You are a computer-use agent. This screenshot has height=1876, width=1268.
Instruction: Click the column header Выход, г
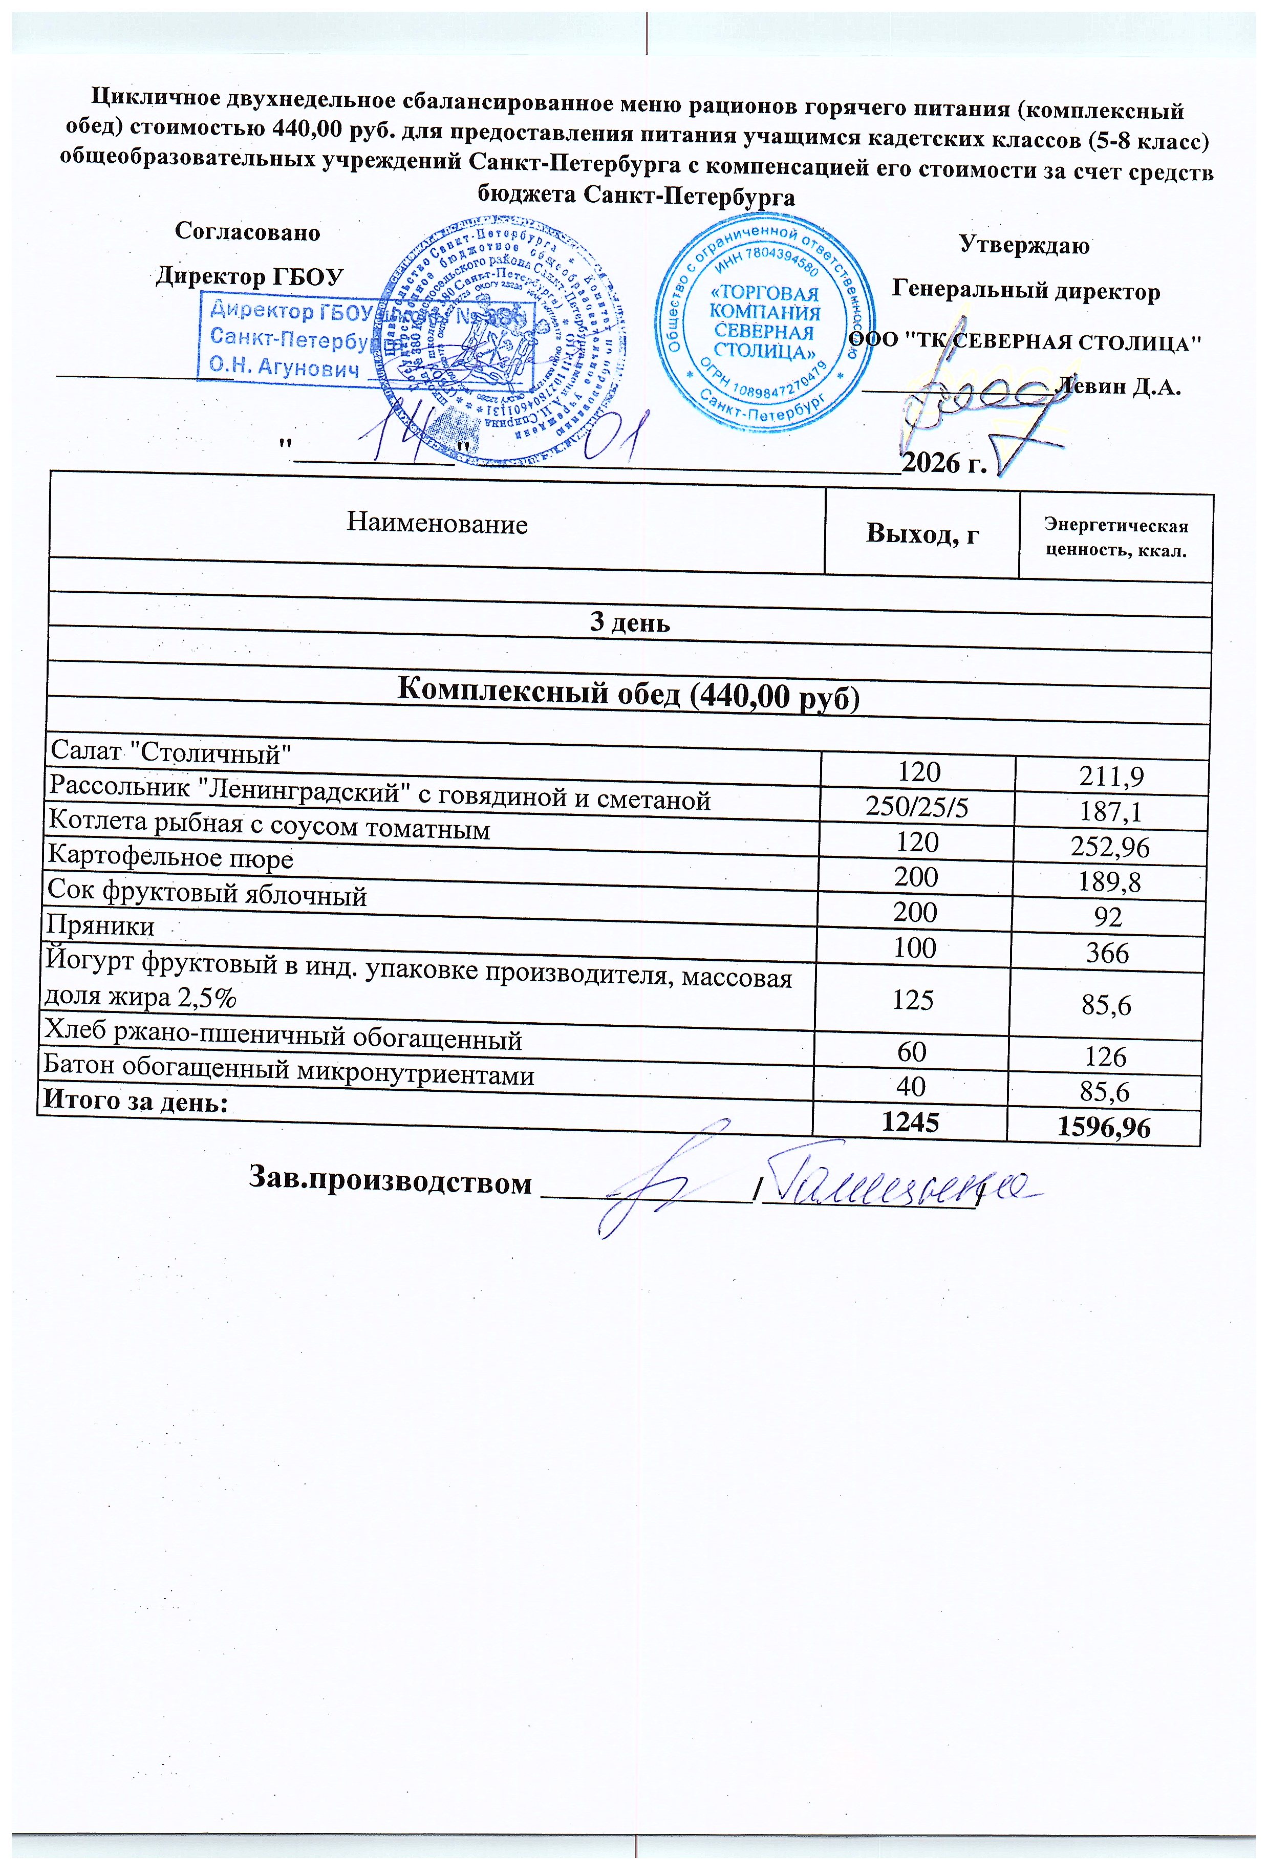pos(922,533)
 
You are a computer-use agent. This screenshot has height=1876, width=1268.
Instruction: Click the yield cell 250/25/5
pos(916,807)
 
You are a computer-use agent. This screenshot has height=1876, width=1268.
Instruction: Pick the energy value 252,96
pos(1110,847)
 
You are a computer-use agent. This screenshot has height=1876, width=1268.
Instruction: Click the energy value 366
pos(1107,953)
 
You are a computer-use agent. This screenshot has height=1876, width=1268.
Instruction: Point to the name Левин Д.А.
pos(1119,386)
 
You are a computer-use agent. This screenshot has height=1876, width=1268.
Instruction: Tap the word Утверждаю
pos(1023,245)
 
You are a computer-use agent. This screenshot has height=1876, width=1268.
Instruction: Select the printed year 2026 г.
pos(943,463)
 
